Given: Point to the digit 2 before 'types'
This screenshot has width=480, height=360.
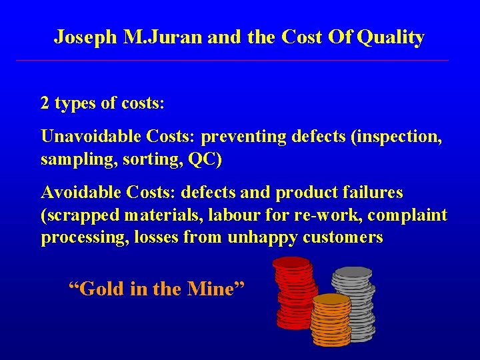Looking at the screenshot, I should tap(45, 104).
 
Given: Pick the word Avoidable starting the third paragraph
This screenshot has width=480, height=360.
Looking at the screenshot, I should tap(75, 193).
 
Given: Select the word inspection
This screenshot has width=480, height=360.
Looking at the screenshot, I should tap(393, 137).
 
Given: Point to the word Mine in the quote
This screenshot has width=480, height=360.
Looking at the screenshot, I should tap(213, 289).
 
